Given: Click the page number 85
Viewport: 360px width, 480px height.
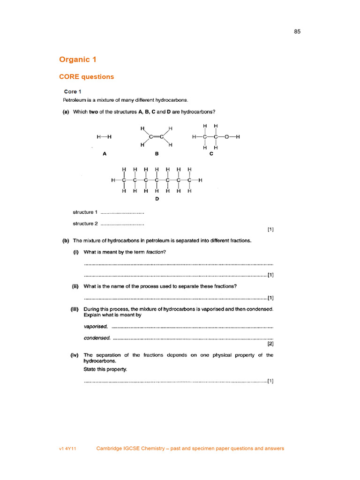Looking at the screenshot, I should tap(298, 32).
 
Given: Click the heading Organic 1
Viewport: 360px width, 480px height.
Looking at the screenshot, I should tap(78, 60).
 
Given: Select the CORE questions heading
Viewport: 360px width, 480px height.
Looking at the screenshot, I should tap(86, 77).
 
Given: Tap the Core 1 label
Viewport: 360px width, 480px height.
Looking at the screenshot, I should tap(73, 91).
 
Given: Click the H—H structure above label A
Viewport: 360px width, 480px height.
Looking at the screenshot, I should tap(104, 137).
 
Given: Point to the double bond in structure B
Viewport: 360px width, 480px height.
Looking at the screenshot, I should tap(156, 137).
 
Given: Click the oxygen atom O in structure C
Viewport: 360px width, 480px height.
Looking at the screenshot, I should tap(227, 137).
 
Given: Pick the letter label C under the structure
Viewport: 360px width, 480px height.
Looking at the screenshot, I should tap(211, 153).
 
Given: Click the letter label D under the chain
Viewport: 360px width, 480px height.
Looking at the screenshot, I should tap(157, 199).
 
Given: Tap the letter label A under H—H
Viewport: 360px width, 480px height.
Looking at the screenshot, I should tap(104, 153).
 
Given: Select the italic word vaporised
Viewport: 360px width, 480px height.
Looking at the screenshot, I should tap(96, 326).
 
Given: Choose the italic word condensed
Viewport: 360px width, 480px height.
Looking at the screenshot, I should tap(97, 337).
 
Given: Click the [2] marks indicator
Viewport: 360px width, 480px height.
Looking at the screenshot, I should tap(270, 344).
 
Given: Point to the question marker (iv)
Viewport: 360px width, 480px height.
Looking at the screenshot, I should tap(74, 355).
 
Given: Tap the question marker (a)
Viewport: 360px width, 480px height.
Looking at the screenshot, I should tap(66, 112).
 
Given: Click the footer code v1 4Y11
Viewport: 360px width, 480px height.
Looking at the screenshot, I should tap(67, 449).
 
